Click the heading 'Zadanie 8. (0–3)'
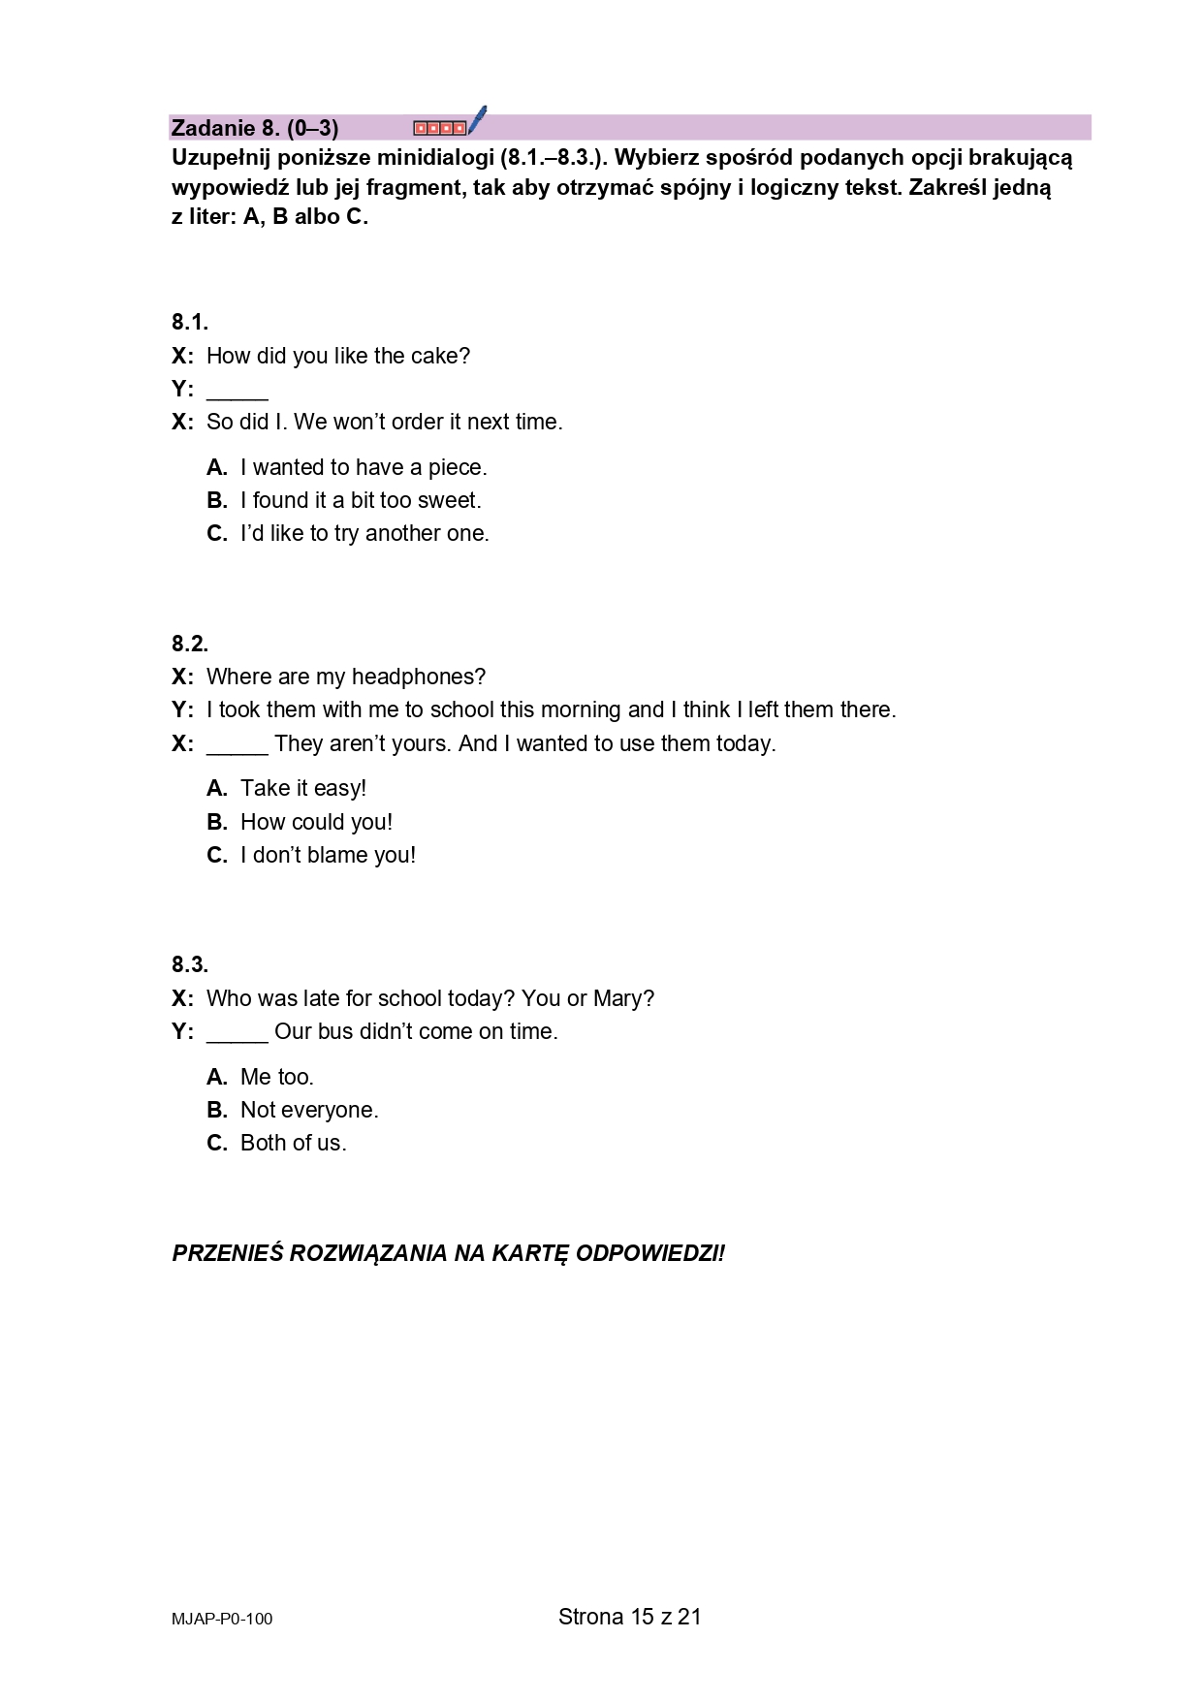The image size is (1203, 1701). [254, 128]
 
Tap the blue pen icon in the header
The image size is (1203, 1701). [476, 121]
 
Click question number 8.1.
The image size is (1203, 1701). [190, 323]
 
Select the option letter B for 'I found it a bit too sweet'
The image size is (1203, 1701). [216, 501]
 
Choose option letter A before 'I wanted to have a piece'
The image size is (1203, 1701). [216, 468]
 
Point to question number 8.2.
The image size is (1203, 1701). [190, 644]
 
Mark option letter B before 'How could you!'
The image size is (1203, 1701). [216, 823]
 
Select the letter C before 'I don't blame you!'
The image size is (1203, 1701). [216, 856]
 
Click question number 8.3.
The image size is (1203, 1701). [190, 964]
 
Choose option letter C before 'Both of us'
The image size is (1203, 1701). [216, 1144]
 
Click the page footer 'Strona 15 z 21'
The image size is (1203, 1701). [629, 1617]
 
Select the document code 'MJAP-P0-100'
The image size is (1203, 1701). [222, 1619]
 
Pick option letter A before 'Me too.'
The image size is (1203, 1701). [216, 1078]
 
